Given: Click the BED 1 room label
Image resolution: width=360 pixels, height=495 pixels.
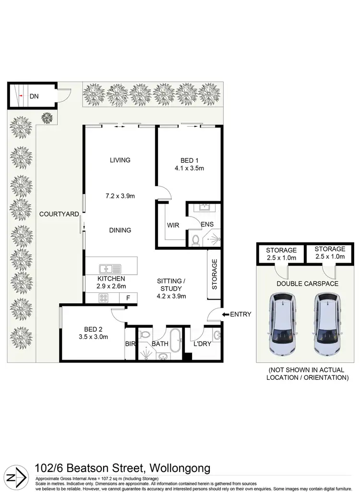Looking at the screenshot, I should pos(189,160).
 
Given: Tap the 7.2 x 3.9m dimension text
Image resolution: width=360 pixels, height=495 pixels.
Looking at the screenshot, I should pos(120,196).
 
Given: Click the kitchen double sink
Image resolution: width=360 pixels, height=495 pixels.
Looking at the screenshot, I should pos(110,268).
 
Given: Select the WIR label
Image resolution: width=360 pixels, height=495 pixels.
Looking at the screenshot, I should pos(173,225).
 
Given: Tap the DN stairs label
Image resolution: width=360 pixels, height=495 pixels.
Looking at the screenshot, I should pos(34,97).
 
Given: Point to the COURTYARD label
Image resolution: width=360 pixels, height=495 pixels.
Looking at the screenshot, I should pos(59,214).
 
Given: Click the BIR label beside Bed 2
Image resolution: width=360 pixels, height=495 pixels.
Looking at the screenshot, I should pos(129,344).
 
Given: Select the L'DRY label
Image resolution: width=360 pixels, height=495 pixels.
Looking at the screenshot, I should pos(202,344).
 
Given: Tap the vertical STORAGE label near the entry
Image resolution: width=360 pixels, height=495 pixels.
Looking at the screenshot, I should pos(215,274).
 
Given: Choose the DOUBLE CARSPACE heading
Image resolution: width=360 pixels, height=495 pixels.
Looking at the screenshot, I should pos(307,284).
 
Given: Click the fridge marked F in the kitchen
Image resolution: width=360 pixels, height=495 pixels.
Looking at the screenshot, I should pos(128,298).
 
